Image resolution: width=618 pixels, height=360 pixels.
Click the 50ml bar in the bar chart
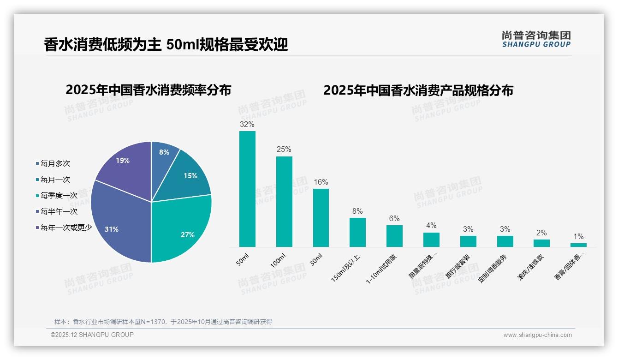tap(247, 189)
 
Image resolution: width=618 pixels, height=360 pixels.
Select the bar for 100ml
tap(284, 202)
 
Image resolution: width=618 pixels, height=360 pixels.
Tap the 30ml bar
tap(321, 218)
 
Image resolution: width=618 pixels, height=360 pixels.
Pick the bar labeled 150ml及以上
tap(357, 232)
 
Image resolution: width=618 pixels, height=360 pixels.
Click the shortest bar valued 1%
tap(578, 245)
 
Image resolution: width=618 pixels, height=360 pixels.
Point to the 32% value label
tap(247, 124)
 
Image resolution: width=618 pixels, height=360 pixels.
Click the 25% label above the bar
tap(284, 150)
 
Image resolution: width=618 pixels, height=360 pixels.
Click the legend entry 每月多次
tap(55, 164)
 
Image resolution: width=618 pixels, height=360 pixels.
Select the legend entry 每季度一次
tap(59, 196)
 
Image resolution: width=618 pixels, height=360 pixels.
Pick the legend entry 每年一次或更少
tap(66, 228)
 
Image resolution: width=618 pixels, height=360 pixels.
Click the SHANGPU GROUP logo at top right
tap(536, 39)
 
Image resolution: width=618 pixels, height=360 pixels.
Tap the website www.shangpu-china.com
tap(537, 335)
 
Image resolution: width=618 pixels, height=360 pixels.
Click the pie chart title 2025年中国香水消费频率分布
tap(149, 90)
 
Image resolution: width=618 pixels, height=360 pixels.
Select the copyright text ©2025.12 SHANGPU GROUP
tap(92, 335)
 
